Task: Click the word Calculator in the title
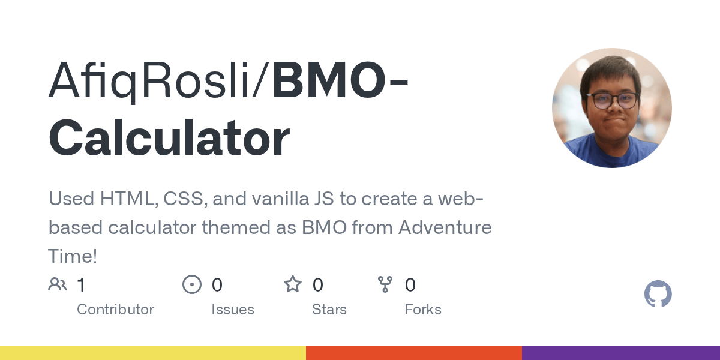click(x=169, y=137)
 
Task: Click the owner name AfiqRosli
click(x=149, y=80)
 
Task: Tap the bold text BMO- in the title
click(x=340, y=79)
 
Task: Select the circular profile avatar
click(x=611, y=108)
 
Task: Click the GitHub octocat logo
click(x=658, y=293)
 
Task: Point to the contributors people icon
click(x=58, y=284)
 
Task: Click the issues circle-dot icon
click(x=192, y=284)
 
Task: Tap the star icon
click(x=293, y=284)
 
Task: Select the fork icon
click(x=385, y=284)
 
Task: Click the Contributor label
click(x=115, y=310)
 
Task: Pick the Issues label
click(x=233, y=310)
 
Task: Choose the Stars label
click(x=329, y=310)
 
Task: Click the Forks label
click(x=423, y=310)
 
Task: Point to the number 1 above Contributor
click(x=81, y=285)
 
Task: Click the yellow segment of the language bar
click(x=153, y=353)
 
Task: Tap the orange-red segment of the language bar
click(x=414, y=353)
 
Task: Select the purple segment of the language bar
click(x=621, y=353)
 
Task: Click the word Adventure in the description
click(x=445, y=227)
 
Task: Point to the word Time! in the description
click(x=73, y=256)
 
